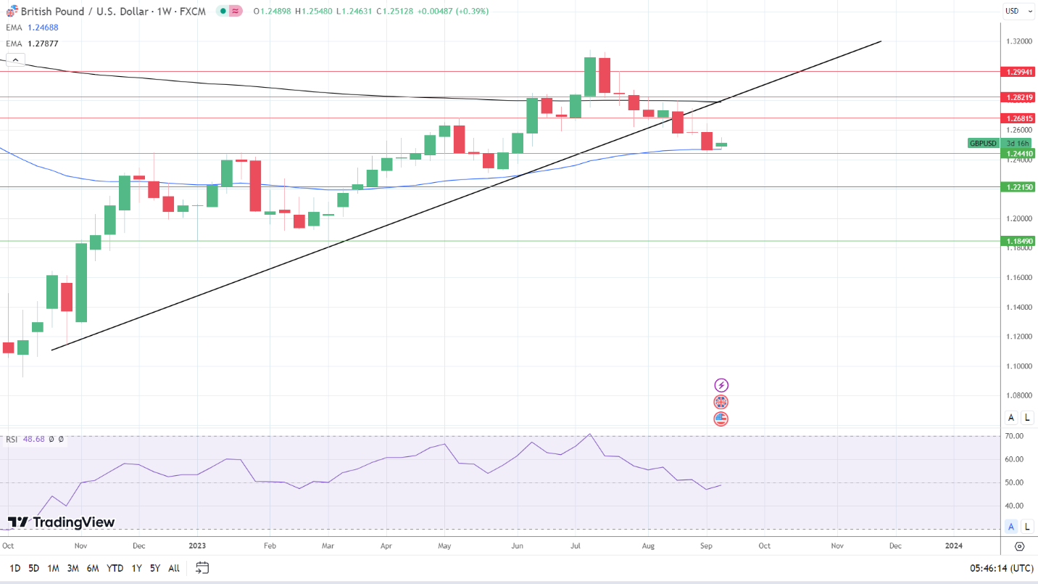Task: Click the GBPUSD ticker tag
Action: tap(984, 144)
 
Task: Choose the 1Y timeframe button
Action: tap(136, 568)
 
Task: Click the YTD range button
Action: tap(115, 568)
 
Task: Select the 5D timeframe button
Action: tap(33, 568)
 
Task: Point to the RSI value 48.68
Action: tap(35, 439)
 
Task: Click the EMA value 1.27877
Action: tap(43, 44)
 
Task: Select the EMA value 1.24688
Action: tap(43, 28)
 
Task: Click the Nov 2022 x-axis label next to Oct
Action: tap(80, 546)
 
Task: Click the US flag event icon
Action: tap(721, 419)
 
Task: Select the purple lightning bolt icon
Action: tap(721, 385)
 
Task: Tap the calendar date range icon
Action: tap(202, 567)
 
